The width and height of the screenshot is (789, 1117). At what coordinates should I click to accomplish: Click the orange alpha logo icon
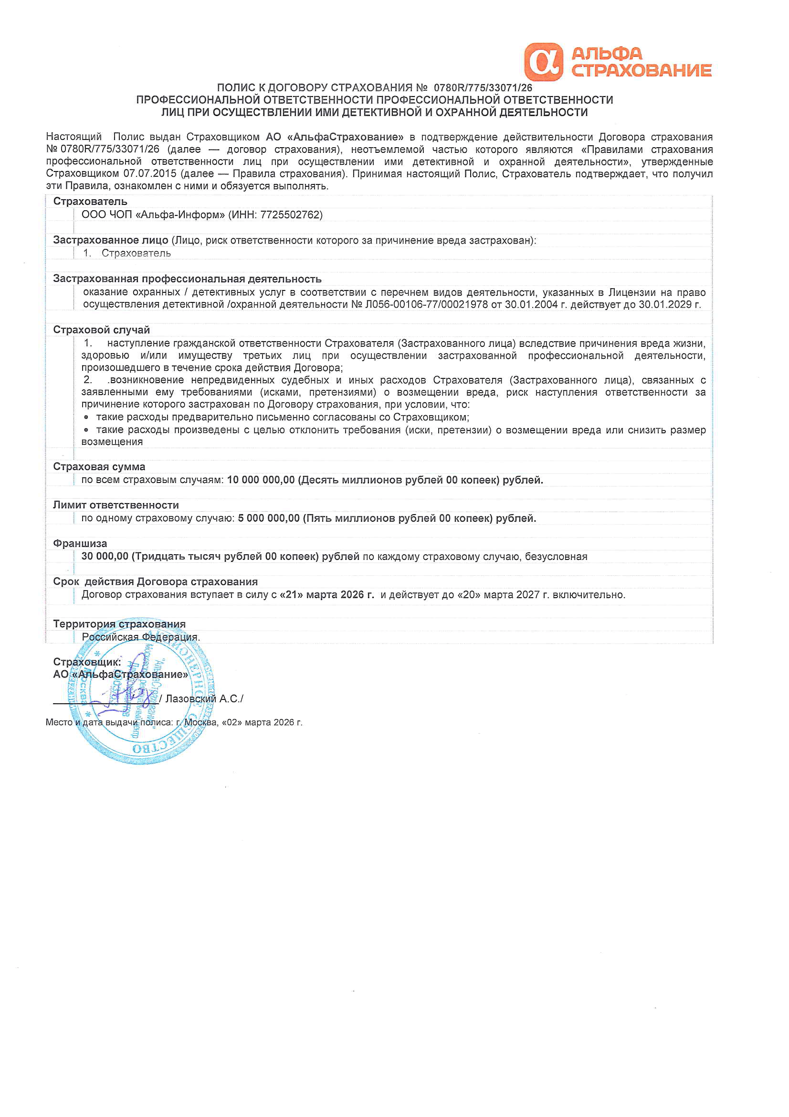[x=543, y=62]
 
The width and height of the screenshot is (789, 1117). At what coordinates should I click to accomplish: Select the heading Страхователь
[x=90, y=202]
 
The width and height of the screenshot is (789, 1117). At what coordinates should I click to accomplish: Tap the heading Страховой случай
[x=101, y=330]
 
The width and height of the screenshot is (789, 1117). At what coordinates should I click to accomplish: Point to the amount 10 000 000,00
[x=261, y=480]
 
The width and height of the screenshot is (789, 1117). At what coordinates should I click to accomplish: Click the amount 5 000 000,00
[x=268, y=519]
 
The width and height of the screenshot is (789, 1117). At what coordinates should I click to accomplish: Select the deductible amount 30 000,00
[x=105, y=557]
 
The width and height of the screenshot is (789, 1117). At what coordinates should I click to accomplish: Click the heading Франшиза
[x=80, y=543]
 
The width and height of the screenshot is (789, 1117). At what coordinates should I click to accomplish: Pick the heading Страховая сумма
[x=99, y=467]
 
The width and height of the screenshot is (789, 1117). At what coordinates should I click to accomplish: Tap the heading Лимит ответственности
[x=116, y=505]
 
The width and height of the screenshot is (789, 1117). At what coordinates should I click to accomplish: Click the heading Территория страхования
[x=119, y=623]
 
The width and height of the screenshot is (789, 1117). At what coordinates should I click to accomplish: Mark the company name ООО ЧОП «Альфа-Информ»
[x=153, y=215]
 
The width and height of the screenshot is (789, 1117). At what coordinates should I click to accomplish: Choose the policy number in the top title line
[x=482, y=88]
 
